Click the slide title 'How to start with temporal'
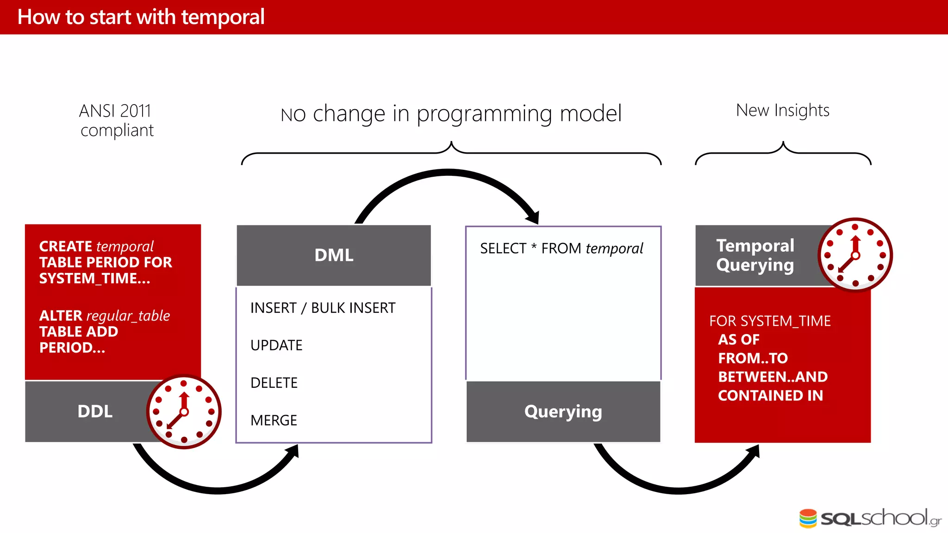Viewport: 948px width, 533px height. [141, 17]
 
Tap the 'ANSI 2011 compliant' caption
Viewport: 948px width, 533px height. [116, 121]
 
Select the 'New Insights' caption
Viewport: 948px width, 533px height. [782, 111]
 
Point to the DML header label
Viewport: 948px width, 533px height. [334, 255]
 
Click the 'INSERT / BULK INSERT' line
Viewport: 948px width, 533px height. [323, 308]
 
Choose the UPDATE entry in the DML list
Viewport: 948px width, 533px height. [276, 346]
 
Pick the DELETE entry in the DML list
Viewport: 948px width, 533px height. [274, 383]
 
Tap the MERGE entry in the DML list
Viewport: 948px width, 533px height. [274, 421]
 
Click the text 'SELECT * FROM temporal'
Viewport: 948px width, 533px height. [561, 249]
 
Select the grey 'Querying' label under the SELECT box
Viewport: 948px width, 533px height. [563, 412]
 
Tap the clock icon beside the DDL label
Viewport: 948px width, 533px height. [184, 412]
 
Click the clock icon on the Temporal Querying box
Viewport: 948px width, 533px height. [855, 255]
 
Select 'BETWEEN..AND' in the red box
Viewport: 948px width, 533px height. [773, 377]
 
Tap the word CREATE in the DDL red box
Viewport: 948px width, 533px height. [66, 247]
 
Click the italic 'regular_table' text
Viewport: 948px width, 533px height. [128, 316]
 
